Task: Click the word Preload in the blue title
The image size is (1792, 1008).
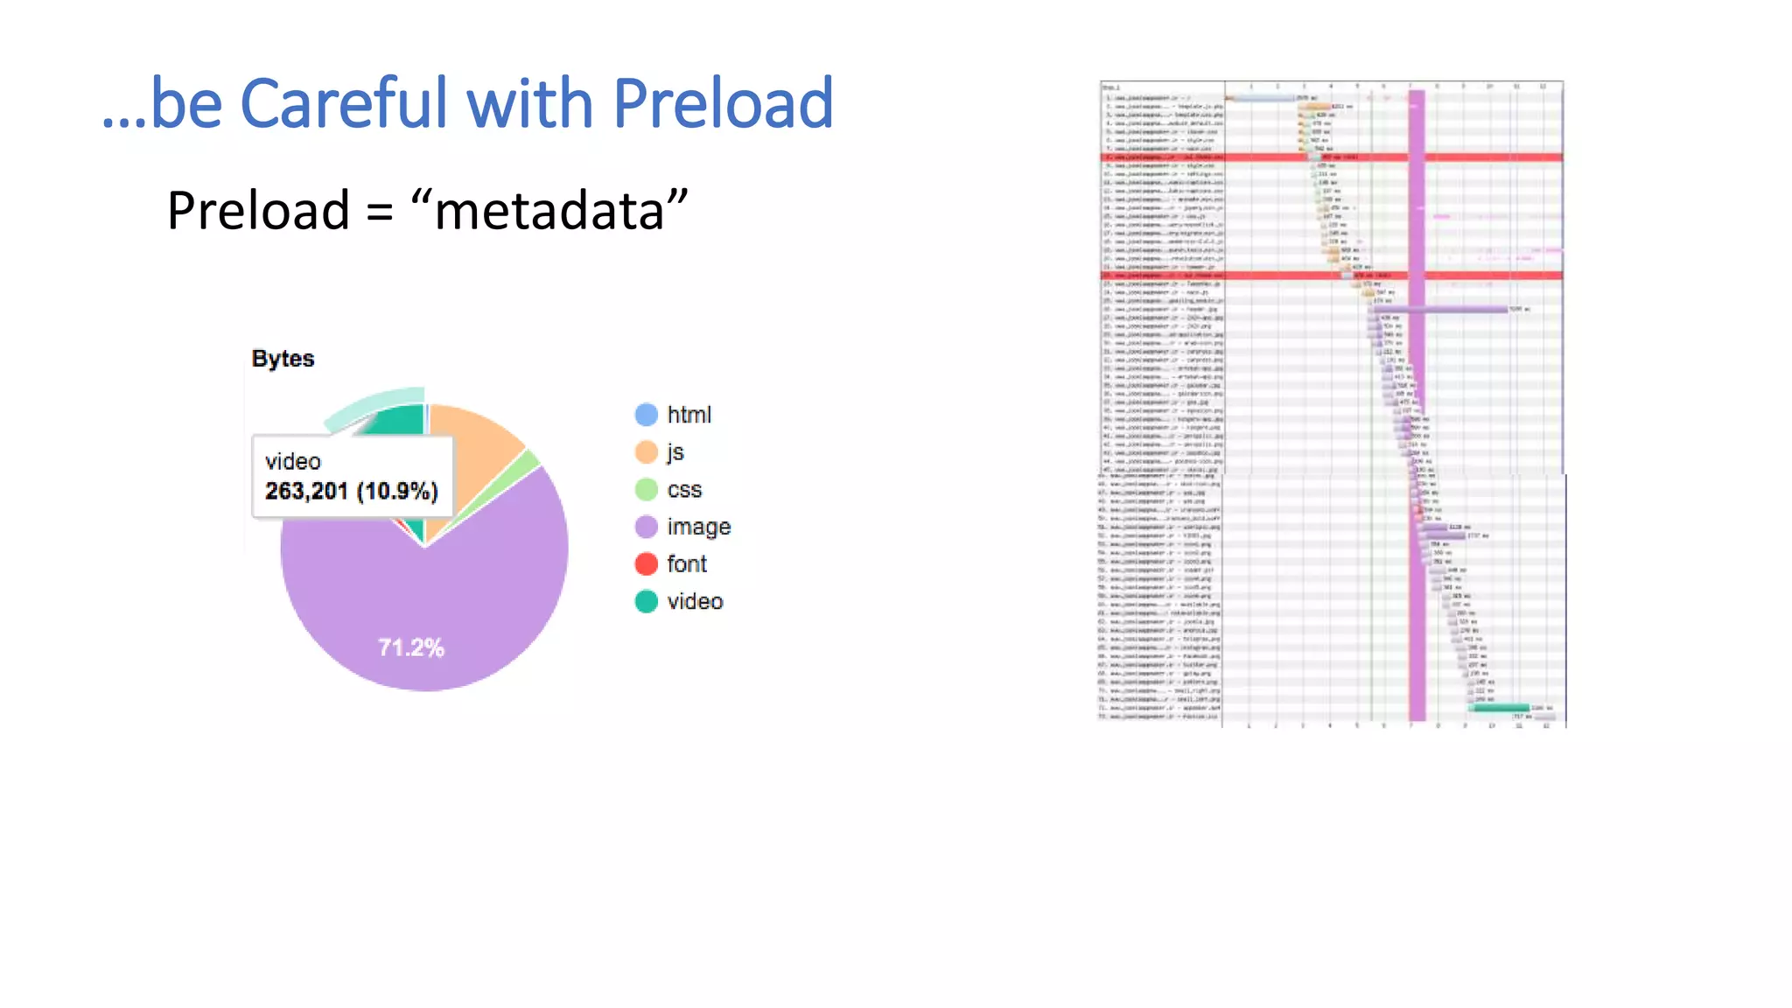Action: pos(722,103)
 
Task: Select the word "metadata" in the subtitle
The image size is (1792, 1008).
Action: pos(548,212)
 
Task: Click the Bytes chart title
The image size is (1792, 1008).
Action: pos(283,359)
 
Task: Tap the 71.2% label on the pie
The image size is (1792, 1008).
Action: pos(411,647)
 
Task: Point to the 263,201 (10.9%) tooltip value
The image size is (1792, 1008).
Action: pos(351,491)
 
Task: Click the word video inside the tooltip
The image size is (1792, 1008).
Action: pos(292,461)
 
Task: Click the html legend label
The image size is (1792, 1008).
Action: pos(689,415)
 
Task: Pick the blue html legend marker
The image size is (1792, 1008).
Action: pos(646,415)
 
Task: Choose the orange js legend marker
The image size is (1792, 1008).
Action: pos(646,452)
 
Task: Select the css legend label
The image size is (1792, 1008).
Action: pos(683,490)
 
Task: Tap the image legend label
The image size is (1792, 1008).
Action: pos(698,527)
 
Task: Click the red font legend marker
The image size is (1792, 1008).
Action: pos(646,564)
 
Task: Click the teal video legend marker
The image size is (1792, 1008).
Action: pos(646,602)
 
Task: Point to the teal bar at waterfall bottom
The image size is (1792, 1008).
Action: pos(1501,707)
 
